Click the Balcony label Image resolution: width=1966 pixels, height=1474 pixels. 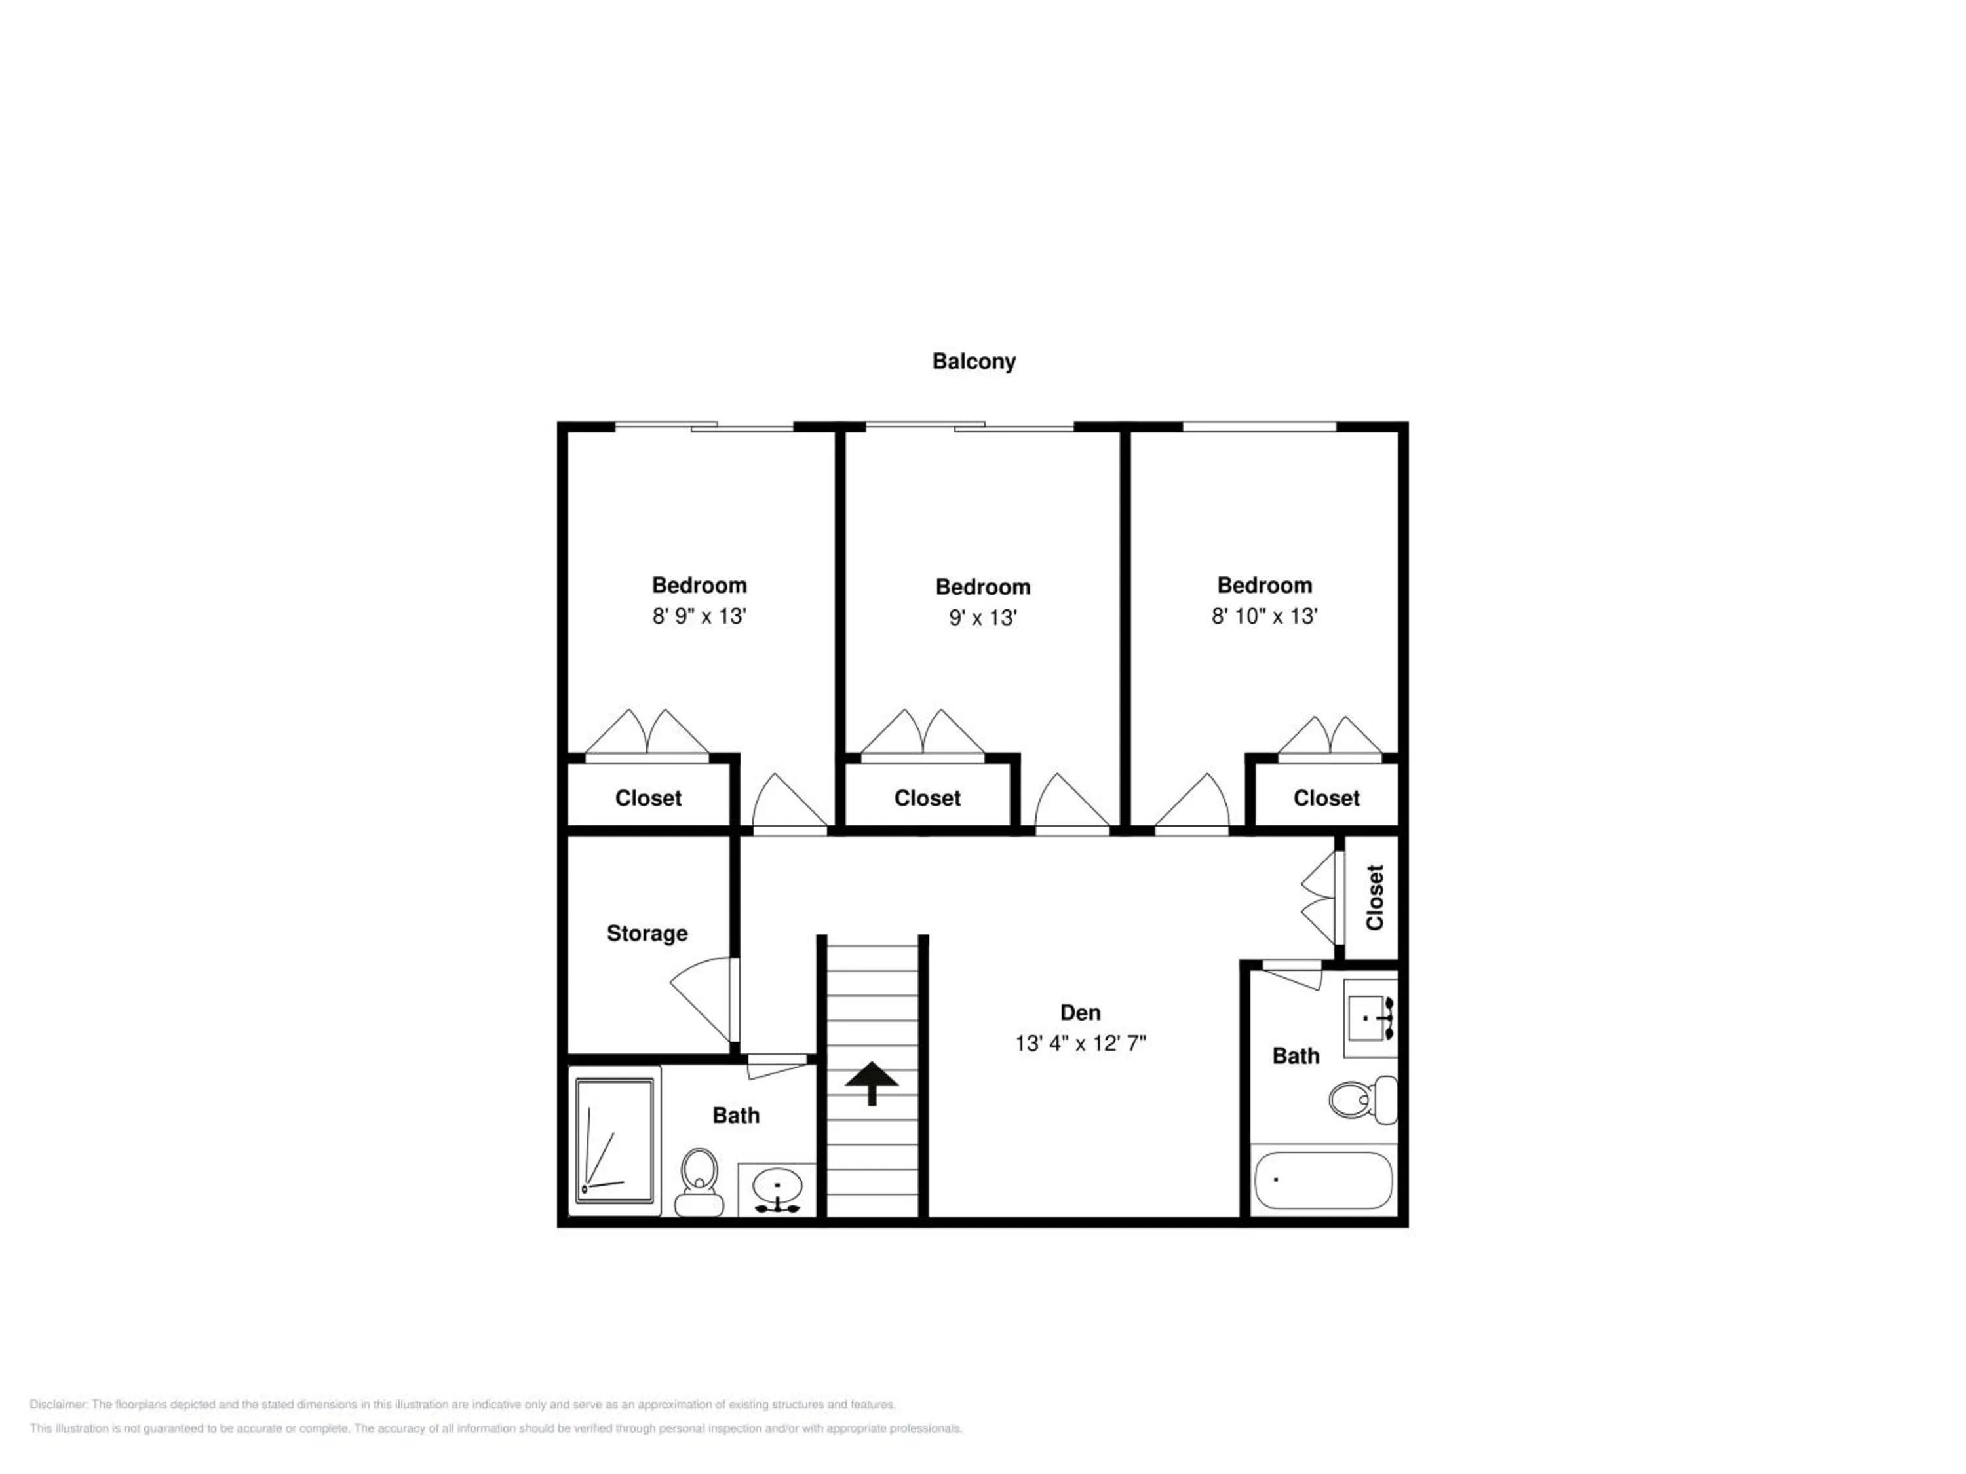(973, 362)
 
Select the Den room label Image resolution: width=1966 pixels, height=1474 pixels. (1080, 1012)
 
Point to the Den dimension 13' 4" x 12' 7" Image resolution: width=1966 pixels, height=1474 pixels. (1080, 1043)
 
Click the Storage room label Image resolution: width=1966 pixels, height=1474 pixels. (647, 934)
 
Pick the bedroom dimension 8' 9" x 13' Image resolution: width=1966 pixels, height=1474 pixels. (699, 616)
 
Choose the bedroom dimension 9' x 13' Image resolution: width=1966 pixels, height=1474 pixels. (982, 618)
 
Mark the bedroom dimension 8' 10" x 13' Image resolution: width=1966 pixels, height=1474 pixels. (1264, 616)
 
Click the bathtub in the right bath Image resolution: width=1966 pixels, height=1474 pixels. (1322, 1180)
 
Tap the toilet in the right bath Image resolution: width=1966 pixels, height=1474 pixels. (1363, 1100)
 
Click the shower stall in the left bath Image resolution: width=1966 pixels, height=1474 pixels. (614, 1141)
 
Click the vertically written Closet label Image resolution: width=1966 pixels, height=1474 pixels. (1375, 898)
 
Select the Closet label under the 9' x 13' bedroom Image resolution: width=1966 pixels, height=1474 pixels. (927, 799)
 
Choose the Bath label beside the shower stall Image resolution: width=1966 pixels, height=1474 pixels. (736, 1116)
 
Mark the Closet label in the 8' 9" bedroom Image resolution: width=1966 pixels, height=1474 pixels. (648, 799)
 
